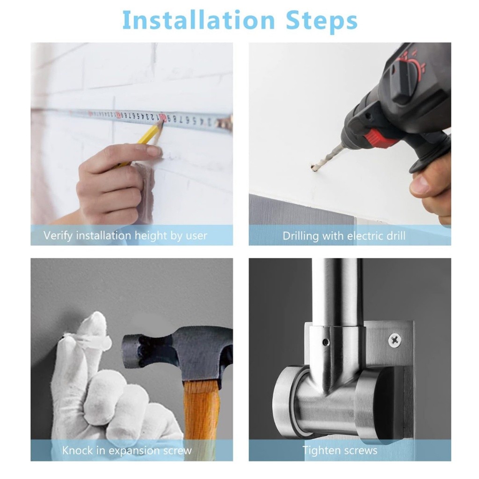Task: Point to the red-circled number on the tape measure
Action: (x=163, y=117)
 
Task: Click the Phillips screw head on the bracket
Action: (x=395, y=340)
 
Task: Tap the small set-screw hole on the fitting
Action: (x=326, y=342)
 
